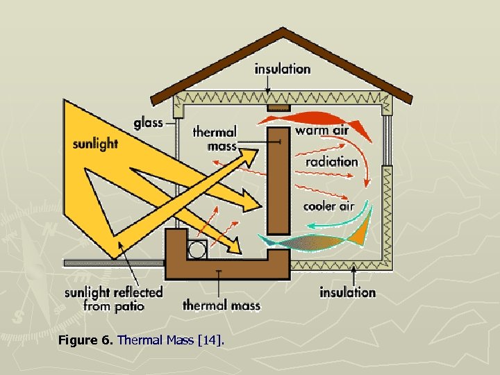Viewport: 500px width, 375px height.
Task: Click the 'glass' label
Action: point(148,123)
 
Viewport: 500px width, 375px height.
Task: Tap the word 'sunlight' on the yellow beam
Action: point(95,144)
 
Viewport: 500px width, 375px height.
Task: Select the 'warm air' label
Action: point(322,130)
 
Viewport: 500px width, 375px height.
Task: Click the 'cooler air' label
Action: point(328,206)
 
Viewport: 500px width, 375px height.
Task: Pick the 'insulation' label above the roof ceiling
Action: point(283,69)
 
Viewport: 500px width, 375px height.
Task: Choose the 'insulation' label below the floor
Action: point(347,292)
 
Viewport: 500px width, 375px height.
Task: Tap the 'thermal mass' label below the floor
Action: point(222,305)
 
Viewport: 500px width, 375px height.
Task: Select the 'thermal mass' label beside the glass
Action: point(215,138)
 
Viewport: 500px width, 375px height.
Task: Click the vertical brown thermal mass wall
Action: point(278,181)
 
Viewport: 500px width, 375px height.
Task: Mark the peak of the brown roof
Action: point(283,31)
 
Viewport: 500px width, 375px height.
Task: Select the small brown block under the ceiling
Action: point(278,108)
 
